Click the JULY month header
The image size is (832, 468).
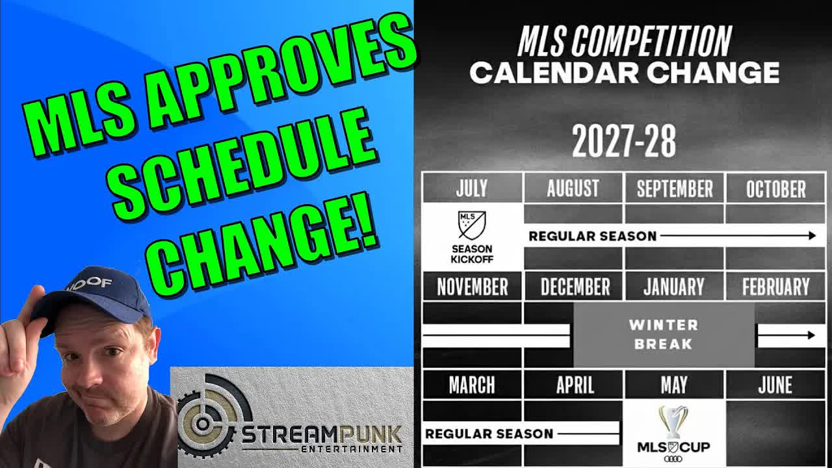click(472, 188)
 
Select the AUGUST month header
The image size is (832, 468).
click(573, 188)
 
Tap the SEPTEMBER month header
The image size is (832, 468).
click(674, 188)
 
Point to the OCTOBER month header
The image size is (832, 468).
click(775, 188)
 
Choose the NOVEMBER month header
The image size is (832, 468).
click(472, 287)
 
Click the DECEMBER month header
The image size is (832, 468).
click(575, 287)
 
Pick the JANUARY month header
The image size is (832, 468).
click(674, 287)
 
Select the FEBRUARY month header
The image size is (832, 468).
click(775, 287)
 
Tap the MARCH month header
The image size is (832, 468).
click(472, 385)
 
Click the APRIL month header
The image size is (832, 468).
click(575, 385)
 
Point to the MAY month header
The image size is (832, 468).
click(674, 385)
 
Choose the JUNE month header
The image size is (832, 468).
click(775, 385)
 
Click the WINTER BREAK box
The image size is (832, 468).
click(663, 334)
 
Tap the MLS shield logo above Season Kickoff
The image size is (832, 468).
click(472, 225)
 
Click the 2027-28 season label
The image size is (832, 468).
click(623, 142)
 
